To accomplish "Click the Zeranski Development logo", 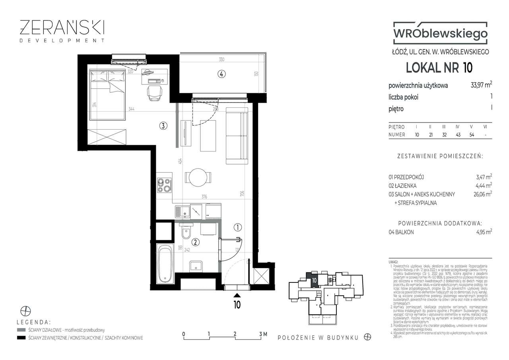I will point(62,30).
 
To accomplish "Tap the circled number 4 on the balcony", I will point(221,74).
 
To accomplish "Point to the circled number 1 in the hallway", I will point(237,228).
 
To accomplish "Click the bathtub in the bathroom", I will point(165,264).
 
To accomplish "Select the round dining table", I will point(198,177).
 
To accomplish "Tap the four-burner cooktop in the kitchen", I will point(164,185).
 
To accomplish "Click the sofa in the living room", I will point(237,135).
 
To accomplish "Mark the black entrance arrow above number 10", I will point(237,295).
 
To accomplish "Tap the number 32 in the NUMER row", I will point(444,135).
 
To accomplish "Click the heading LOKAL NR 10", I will point(439,68).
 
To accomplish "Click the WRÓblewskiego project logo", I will point(439,34).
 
